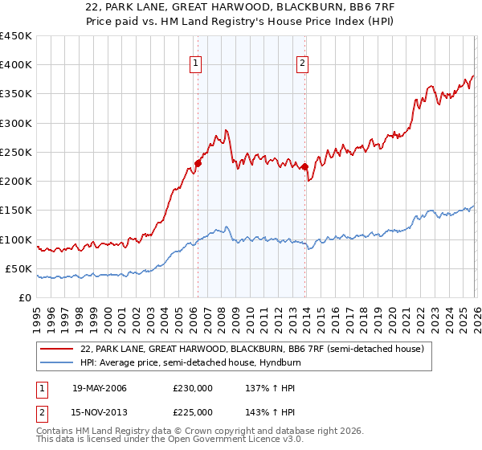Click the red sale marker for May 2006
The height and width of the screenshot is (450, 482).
point(198,163)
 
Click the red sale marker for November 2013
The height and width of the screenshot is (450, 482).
point(304,166)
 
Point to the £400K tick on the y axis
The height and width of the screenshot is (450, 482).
point(16,65)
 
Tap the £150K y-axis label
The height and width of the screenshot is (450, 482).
point(16,211)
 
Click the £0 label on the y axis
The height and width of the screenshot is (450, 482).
point(25,297)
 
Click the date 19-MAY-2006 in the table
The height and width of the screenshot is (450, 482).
point(100,388)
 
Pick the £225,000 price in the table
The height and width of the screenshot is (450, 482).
point(193,412)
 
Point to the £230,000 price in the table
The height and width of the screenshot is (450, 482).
point(193,388)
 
